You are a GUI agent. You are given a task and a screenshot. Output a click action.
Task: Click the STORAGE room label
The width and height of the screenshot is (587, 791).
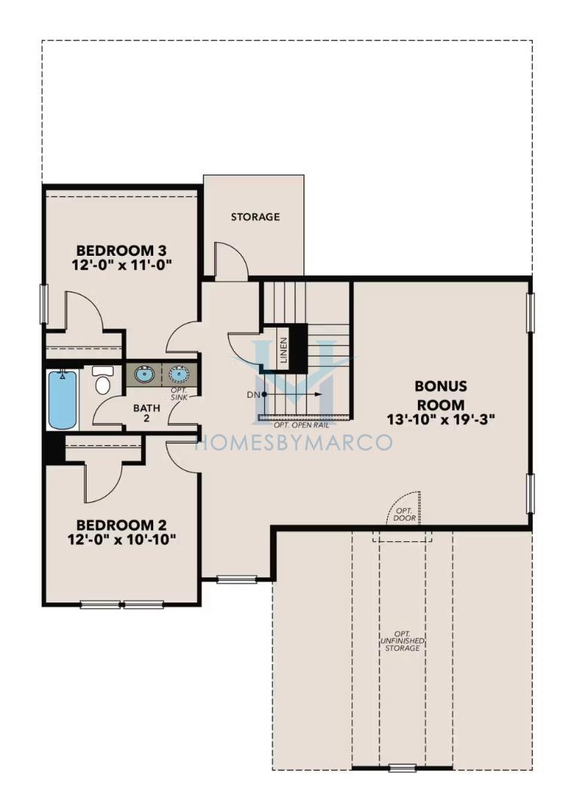pos(255,217)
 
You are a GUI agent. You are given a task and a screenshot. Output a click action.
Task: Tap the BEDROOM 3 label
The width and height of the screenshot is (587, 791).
pos(121,251)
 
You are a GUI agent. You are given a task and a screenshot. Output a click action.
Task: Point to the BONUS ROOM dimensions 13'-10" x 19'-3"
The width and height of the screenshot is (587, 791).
pos(441,419)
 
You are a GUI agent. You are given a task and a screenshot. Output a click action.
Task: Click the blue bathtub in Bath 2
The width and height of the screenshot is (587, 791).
pos(63,399)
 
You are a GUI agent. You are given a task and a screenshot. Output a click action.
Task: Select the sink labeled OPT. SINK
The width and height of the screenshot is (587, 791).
pos(180,374)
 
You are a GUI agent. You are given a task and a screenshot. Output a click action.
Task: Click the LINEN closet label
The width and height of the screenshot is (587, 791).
pos(284,350)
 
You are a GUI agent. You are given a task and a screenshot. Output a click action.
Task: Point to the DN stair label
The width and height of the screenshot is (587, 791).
pos(254,395)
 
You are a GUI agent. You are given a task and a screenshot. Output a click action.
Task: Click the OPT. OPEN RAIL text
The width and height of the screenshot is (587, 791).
pos(302,425)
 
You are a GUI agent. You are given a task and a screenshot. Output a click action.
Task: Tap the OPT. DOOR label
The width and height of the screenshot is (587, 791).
pos(404,515)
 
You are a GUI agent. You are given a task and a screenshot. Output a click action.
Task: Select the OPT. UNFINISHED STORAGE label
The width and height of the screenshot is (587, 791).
pos(402,641)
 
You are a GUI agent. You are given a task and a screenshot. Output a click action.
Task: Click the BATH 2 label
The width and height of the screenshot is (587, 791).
pos(146,413)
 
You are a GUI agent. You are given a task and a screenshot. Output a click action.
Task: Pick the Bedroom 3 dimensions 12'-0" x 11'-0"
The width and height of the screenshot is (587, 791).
pos(121,265)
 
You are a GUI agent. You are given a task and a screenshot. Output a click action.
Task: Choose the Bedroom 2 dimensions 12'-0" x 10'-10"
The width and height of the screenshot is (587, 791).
pos(121,540)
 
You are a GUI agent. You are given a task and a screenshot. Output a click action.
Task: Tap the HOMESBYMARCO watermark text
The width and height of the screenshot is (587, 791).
pos(293,442)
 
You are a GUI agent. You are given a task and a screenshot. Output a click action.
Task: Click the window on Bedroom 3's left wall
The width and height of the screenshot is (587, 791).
pos(43,303)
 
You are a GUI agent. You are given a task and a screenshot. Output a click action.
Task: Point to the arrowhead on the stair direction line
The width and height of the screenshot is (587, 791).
pos(318,395)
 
